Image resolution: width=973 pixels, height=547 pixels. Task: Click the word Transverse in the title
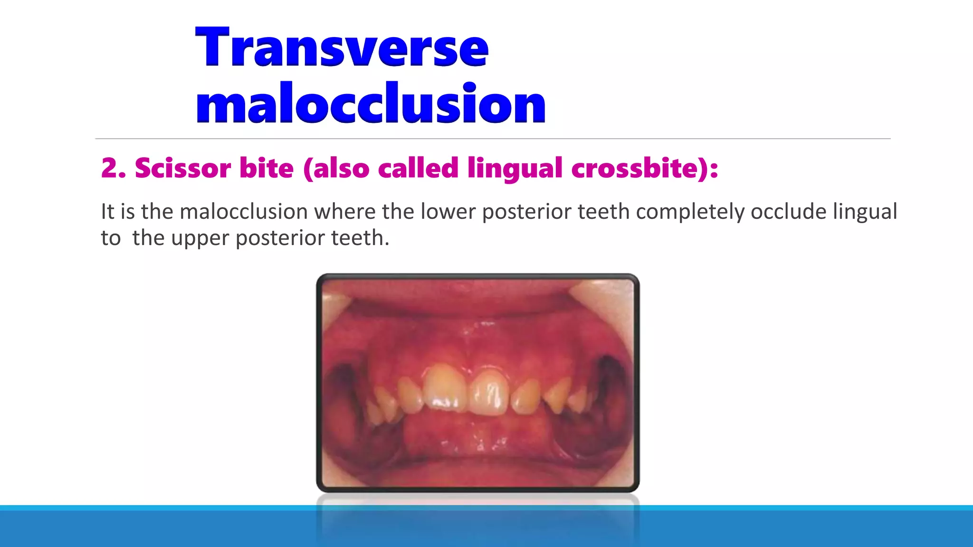click(x=342, y=47)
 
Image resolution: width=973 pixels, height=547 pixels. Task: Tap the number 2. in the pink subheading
click(x=113, y=168)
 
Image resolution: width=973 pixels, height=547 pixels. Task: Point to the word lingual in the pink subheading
click(x=515, y=169)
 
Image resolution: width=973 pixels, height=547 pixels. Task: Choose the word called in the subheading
click(x=418, y=168)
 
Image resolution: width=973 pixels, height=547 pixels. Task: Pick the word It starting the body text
click(x=107, y=212)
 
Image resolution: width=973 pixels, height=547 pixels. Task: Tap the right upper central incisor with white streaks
click(x=489, y=392)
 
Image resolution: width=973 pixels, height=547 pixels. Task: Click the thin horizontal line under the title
click(x=493, y=139)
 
